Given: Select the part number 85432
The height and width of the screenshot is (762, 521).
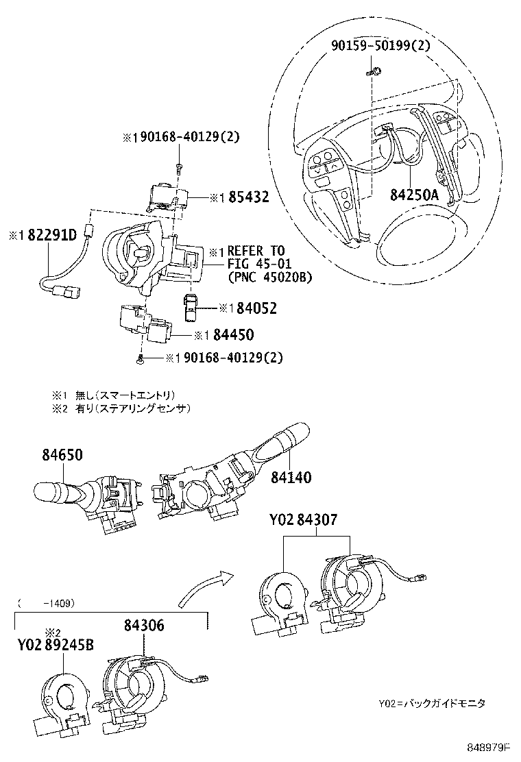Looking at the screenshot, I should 248,197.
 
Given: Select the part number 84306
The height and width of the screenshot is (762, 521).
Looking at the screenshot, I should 144,624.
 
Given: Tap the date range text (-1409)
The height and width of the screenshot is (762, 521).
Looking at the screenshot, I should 47,603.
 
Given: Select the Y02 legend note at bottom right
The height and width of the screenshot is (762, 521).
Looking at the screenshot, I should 431,704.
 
